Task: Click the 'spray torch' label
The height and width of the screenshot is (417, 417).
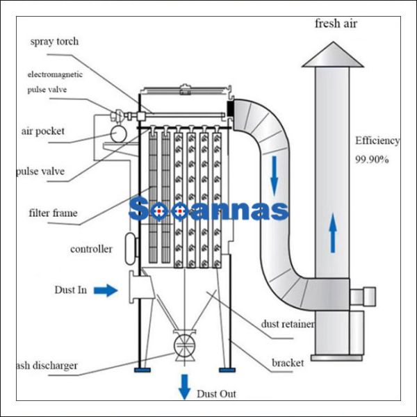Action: pyautogui.click(x=54, y=42)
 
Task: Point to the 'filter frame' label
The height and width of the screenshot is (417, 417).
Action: pyautogui.click(x=54, y=213)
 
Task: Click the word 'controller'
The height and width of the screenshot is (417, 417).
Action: pyautogui.click(x=91, y=249)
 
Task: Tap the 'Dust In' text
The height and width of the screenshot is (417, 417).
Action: pyautogui.click(x=71, y=290)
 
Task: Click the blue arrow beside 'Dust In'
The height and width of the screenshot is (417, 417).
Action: pyautogui.click(x=106, y=291)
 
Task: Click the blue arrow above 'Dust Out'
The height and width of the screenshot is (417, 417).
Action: pyautogui.click(x=184, y=386)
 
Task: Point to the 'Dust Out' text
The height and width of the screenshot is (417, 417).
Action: pyautogui.click(x=216, y=394)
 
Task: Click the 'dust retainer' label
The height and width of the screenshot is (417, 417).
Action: pyautogui.click(x=288, y=323)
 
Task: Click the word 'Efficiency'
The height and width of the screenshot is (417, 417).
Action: pyautogui.click(x=377, y=140)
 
